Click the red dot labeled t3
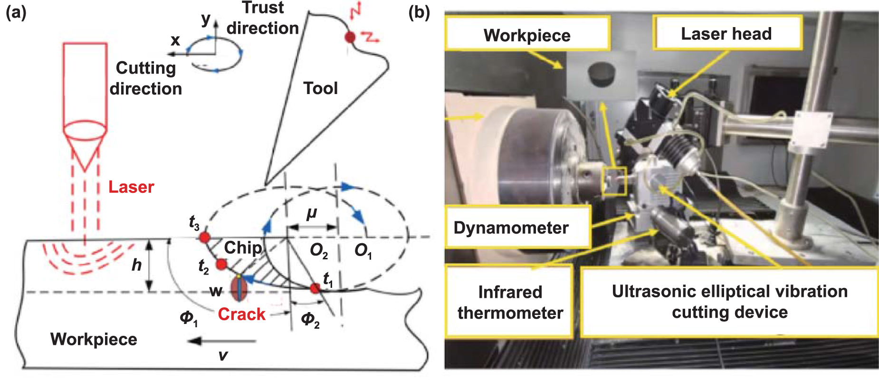(204, 237)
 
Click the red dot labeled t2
(221, 264)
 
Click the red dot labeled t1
(315, 288)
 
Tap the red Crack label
(241, 314)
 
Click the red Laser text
(131, 187)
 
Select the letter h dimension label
(136, 265)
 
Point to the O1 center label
(363, 250)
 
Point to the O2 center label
(319, 250)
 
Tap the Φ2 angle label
(310, 319)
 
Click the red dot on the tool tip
(350, 37)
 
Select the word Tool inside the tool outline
(321, 88)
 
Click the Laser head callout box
(726, 33)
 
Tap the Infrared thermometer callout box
(510, 302)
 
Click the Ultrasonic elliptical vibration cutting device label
(729, 302)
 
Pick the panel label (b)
(419, 12)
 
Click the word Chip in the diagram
(242, 247)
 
